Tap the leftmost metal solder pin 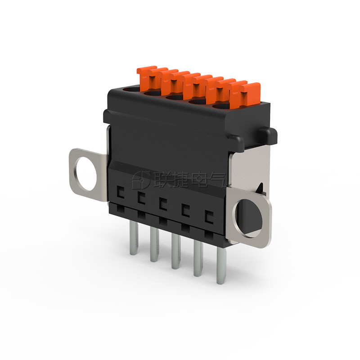click(134, 238)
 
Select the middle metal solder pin click(176, 252)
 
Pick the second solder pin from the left click(154, 245)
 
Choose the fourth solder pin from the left click(198, 259)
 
